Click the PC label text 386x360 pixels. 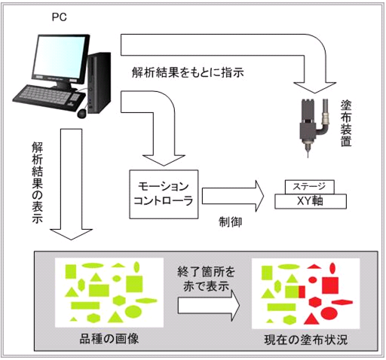tap(60, 17)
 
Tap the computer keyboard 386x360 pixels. tap(48, 96)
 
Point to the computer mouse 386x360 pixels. tap(81, 113)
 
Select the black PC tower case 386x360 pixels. tap(99, 83)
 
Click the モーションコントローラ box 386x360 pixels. tap(164, 194)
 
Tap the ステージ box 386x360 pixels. tap(309, 187)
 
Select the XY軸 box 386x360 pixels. tap(311, 201)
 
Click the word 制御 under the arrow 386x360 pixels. tap(230, 222)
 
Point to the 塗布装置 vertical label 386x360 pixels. tap(346, 124)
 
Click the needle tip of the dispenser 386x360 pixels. tap(308, 157)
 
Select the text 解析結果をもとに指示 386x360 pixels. tap(188, 73)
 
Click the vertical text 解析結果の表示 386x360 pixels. tap(37, 182)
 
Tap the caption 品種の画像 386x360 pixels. tap(109, 339)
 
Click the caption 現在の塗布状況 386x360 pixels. tap(306, 340)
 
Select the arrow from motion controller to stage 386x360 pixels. tap(233, 196)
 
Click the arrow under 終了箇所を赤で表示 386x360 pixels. tap(209, 305)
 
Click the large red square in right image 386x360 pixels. tap(330, 285)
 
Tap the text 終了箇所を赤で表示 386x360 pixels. tap(206, 279)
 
